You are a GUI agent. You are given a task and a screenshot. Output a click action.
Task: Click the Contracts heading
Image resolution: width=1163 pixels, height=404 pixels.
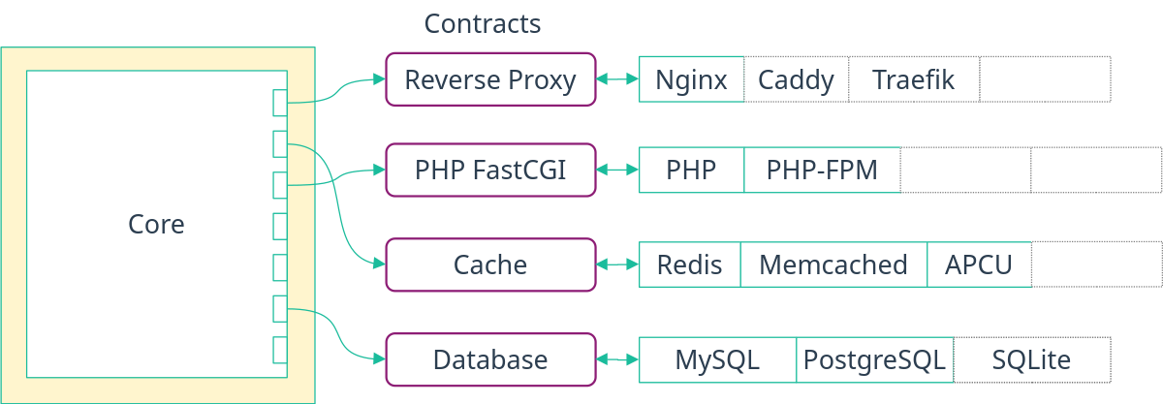tap(483, 24)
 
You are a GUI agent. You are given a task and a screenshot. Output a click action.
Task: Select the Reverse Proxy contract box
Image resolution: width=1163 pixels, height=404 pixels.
tap(490, 79)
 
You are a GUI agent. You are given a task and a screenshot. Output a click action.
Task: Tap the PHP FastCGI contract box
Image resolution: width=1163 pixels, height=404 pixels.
tap(490, 171)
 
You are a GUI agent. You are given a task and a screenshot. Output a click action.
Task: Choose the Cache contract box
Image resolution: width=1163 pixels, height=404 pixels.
tap(490, 264)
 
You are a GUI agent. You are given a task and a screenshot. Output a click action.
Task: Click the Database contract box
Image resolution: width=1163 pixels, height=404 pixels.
tap(490, 360)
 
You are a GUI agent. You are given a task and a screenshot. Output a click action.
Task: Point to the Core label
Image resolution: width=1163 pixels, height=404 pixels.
tap(156, 224)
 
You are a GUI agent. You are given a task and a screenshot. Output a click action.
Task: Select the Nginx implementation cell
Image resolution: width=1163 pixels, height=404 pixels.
tap(691, 79)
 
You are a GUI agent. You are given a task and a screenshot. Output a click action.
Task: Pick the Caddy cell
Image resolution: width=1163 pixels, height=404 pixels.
tap(796, 79)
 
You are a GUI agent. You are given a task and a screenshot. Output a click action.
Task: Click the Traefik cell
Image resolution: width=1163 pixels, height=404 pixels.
tap(913, 79)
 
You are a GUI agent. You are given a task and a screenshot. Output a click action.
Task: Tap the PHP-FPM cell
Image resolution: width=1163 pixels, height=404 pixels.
tap(822, 171)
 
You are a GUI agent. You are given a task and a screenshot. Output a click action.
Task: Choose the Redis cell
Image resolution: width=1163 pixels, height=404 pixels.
tap(689, 264)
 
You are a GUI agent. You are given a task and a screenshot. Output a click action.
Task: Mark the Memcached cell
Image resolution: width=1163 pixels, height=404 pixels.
tap(833, 264)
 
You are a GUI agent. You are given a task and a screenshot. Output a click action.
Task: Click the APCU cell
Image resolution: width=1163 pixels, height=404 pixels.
tap(979, 264)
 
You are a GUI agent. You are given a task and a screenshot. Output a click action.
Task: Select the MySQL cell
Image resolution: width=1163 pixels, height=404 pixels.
tap(717, 360)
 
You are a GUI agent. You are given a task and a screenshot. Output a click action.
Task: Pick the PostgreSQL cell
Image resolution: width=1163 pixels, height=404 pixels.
tap(874, 360)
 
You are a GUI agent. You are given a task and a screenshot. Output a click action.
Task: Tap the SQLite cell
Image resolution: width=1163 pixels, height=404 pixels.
tap(1031, 360)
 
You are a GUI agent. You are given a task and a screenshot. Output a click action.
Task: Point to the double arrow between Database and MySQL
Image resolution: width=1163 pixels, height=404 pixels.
tap(616, 360)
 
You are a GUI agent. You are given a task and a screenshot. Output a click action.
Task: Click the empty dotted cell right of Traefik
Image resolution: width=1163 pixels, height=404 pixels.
tap(1045, 79)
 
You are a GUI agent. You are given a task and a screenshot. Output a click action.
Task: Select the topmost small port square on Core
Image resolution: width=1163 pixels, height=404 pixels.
tap(280, 102)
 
